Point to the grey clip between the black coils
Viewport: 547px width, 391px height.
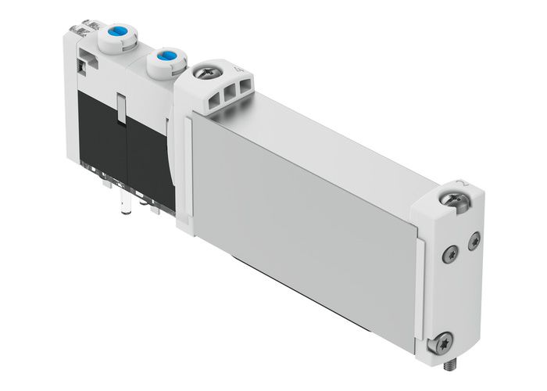point(122,109)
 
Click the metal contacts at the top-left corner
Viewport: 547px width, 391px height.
point(81,31)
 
